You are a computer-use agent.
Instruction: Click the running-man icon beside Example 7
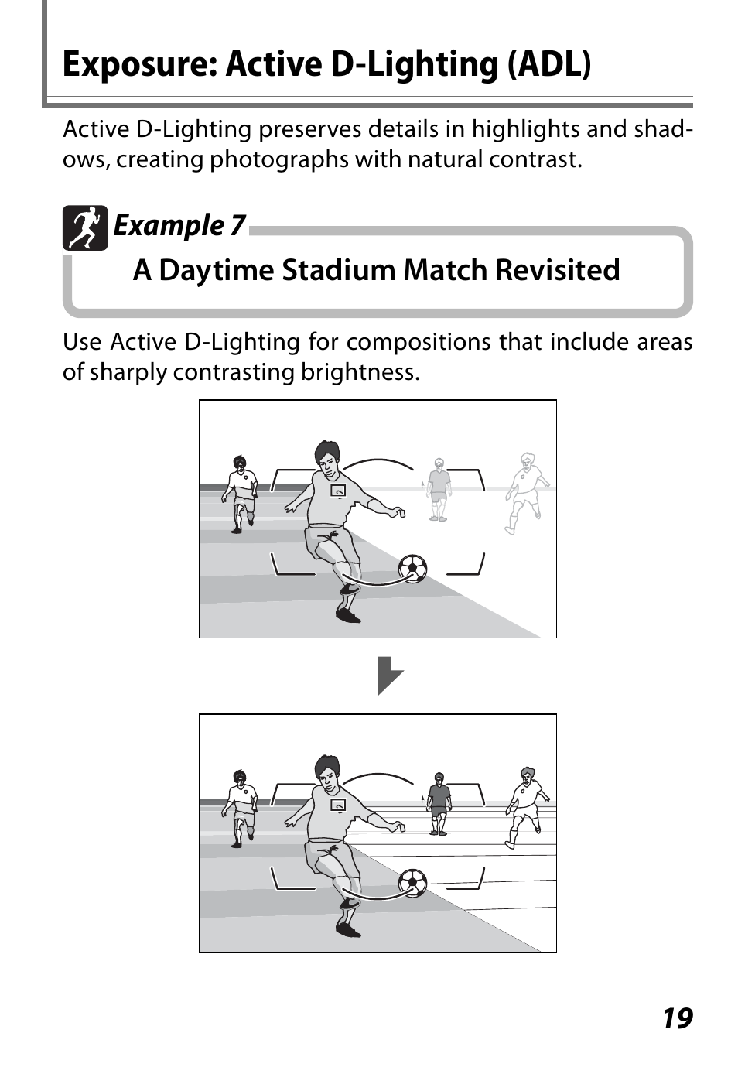point(85,227)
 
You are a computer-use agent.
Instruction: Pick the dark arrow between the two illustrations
point(390,676)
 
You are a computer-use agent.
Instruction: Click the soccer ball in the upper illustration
point(412,569)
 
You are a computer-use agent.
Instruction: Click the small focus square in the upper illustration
point(338,491)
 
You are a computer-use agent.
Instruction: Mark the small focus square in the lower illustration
point(338,805)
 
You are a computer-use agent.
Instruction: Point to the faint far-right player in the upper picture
point(526,493)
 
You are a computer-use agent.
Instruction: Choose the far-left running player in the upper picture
point(240,494)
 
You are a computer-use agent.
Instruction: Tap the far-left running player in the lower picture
point(240,809)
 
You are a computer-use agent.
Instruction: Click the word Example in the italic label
point(169,226)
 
